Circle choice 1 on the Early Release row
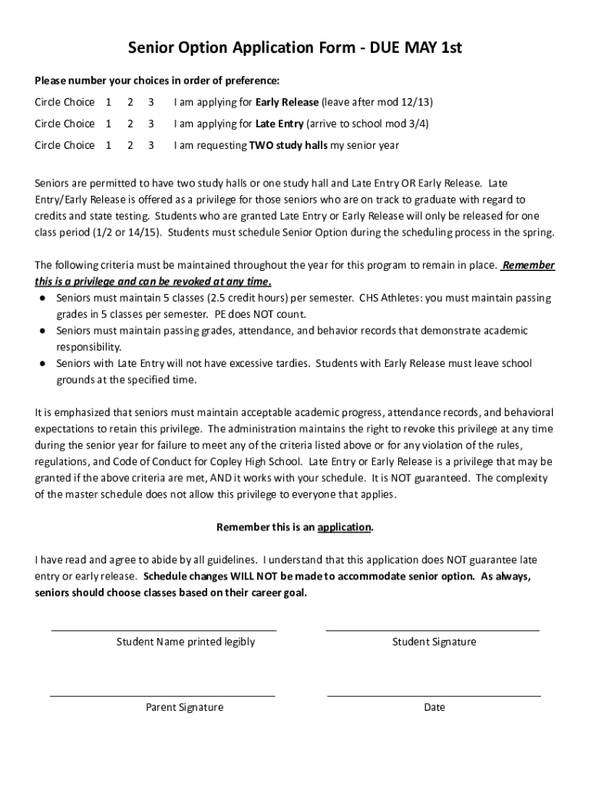click(108, 101)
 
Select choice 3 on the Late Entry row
click(151, 123)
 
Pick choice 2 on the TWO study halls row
click(130, 144)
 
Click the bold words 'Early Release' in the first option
click(287, 101)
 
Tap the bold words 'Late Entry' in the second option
click(279, 123)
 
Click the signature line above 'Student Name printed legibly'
click(163, 630)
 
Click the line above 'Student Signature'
click(433, 630)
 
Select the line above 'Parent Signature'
click(163, 695)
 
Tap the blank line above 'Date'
click(434, 695)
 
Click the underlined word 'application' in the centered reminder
click(344, 527)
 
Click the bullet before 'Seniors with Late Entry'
click(44, 363)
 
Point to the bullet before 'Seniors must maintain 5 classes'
click(44, 298)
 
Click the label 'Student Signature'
click(434, 642)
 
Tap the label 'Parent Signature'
click(184, 707)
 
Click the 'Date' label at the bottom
click(434, 707)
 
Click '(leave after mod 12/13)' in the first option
click(382, 101)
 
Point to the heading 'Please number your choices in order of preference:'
click(157, 80)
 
